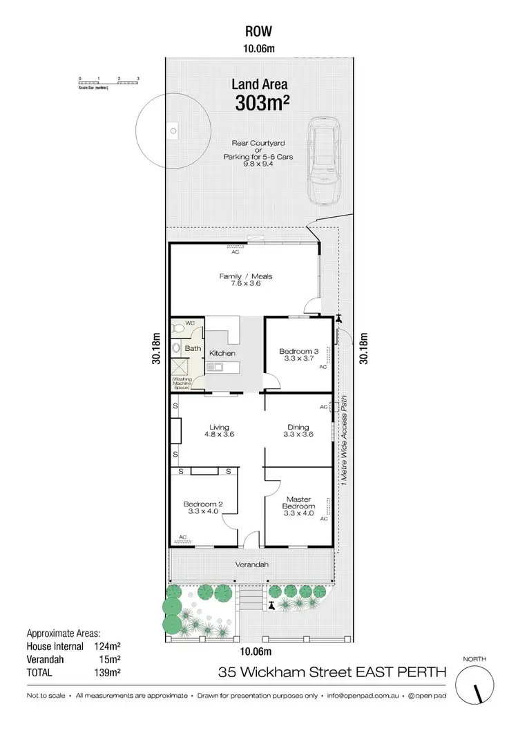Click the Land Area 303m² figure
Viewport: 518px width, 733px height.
(x=258, y=103)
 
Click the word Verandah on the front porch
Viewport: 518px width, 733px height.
(x=252, y=564)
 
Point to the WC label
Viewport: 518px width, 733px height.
(x=190, y=322)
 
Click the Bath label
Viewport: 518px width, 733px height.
(x=193, y=348)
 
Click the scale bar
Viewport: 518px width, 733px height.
(x=109, y=83)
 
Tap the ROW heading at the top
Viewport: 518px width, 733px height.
(x=258, y=30)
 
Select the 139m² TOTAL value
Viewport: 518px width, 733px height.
(x=108, y=672)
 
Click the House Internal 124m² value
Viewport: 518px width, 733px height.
(x=108, y=647)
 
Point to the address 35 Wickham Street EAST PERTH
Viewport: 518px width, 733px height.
(x=332, y=671)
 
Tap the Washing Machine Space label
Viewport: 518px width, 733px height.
(x=186, y=381)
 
